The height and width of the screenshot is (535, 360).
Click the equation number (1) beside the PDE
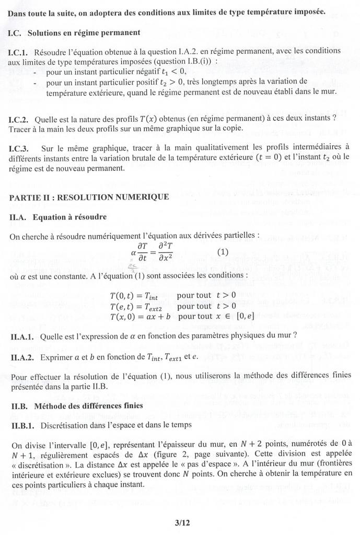point(223,251)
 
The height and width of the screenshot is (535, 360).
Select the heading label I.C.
point(17,32)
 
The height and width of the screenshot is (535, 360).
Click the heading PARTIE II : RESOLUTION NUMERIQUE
point(89,196)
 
